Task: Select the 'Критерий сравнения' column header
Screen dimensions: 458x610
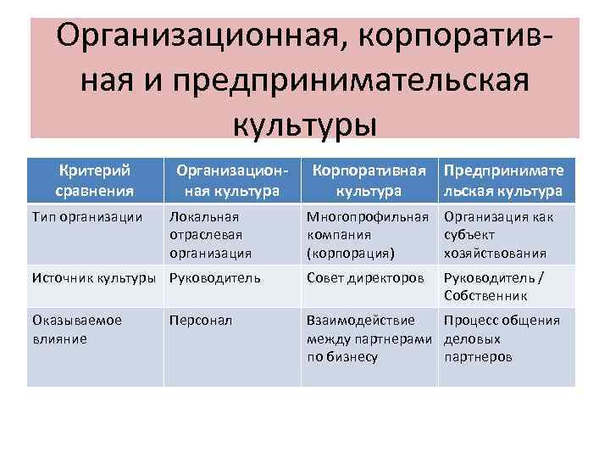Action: pyautogui.click(x=94, y=180)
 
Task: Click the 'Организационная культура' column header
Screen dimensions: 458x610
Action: pyautogui.click(x=232, y=180)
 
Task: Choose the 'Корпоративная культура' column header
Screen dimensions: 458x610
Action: pyautogui.click(x=369, y=180)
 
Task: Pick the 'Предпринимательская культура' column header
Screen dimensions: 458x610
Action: pyautogui.click(x=503, y=180)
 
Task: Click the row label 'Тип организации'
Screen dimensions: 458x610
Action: pyautogui.click(x=86, y=216)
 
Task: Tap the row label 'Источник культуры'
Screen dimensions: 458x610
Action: pyautogui.click(x=94, y=276)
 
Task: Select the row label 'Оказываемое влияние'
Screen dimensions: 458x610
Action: pyautogui.click(x=76, y=329)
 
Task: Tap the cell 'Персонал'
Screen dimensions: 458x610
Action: pyautogui.click(x=200, y=321)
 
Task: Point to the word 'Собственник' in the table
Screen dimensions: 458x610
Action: pyautogui.click(x=485, y=295)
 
